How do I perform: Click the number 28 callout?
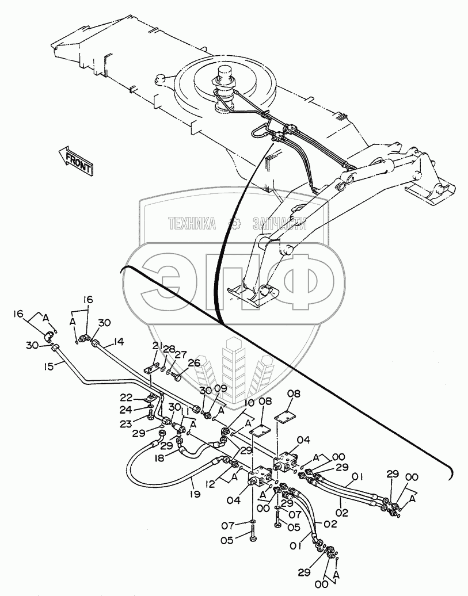[168, 350]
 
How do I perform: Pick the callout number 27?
[181, 355]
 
